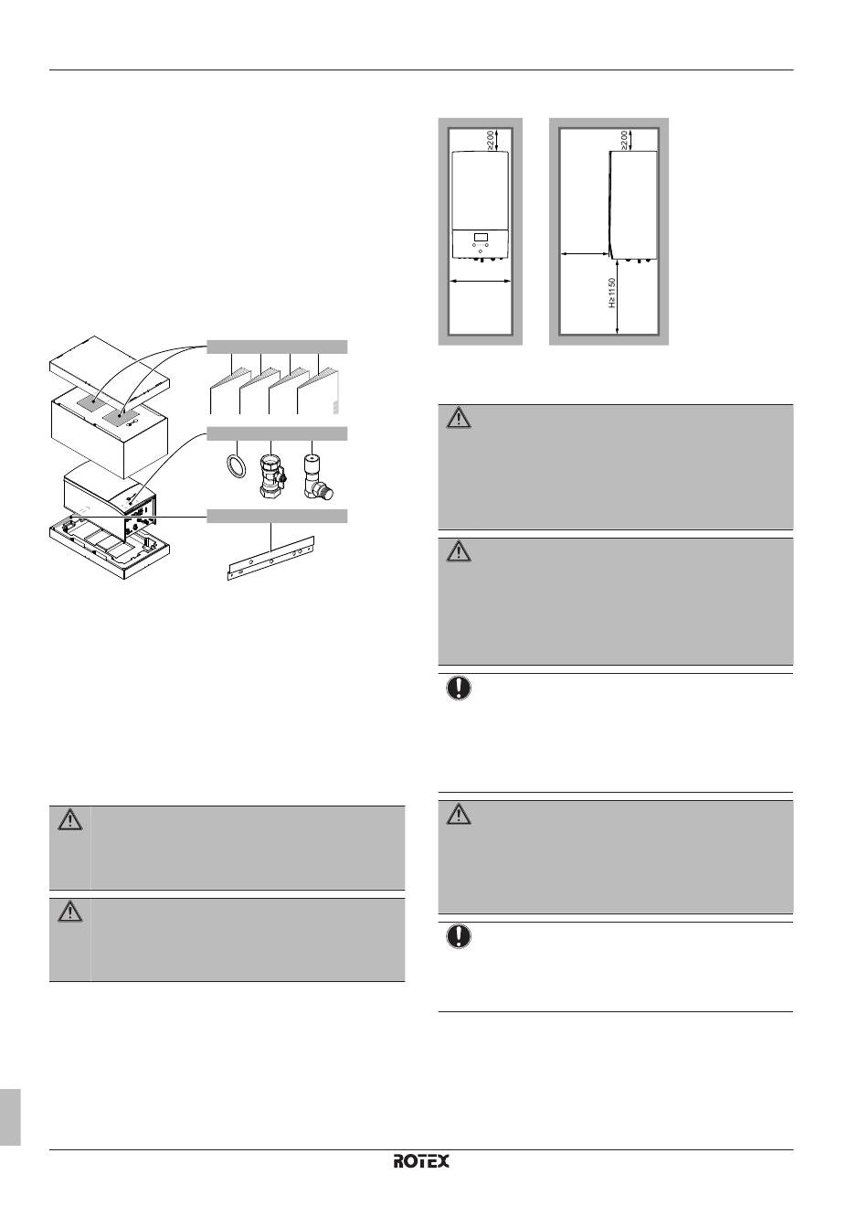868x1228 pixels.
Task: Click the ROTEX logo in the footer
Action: pos(421,1161)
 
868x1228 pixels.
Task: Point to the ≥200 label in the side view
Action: pos(624,141)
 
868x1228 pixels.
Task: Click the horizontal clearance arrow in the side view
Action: pos(584,256)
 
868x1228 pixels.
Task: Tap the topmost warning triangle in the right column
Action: pos(459,419)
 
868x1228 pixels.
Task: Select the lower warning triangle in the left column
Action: pos(69,912)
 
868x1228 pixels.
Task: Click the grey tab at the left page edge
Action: pos(10,1116)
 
